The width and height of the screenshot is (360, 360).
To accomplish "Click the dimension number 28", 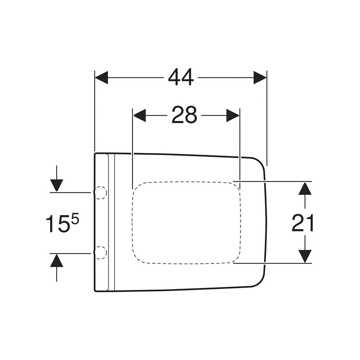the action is tap(184, 115).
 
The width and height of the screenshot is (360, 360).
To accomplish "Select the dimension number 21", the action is tap(302, 223).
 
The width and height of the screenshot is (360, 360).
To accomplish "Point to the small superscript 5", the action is tap(75, 220).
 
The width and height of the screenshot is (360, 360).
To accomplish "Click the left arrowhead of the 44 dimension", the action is tap(101, 78).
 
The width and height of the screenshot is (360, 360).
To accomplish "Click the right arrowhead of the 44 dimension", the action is tap(260, 78).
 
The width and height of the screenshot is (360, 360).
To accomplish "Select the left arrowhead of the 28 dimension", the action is tap(139, 115).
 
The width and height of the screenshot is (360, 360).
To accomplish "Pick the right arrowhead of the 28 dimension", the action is tap(233, 115).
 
